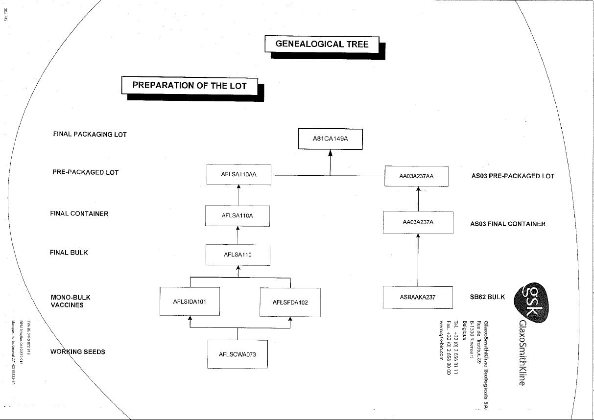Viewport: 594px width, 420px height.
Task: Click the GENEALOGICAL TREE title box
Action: [x=322, y=44]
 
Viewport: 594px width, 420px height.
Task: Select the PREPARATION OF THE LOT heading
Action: [x=190, y=85]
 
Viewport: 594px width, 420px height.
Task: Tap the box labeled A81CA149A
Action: [x=330, y=139]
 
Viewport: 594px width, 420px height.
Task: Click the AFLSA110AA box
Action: [x=239, y=175]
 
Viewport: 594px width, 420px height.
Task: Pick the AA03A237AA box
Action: [x=416, y=176]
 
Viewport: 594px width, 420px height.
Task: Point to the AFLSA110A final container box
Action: [x=238, y=216]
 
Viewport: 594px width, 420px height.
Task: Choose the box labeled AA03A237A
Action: [x=418, y=222]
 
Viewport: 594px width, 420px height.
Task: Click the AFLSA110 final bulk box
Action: [x=238, y=255]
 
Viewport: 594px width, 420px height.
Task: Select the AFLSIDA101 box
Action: [x=190, y=302]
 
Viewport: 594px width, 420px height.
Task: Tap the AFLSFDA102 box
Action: [x=290, y=302]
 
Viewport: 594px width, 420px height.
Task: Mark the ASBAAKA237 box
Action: [x=417, y=297]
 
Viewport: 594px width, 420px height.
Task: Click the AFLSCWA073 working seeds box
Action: [x=238, y=354]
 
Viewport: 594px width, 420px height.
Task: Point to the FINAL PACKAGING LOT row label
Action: [x=90, y=135]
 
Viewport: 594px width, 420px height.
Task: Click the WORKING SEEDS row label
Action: [x=78, y=352]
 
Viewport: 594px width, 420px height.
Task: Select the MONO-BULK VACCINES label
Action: [x=71, y=301]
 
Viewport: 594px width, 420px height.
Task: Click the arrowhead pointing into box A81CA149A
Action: [x=330, y=153]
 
